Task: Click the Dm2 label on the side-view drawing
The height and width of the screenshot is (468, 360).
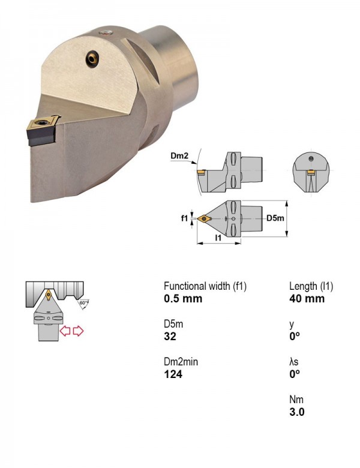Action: (179, 155)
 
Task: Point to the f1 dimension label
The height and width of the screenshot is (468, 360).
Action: (184, 218)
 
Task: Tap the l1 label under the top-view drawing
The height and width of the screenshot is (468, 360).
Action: (218, 238)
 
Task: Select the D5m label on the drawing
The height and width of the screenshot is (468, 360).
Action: (275, 218)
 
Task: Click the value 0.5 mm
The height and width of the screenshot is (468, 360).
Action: (183, 298)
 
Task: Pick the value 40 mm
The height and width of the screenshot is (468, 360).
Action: (307, 298)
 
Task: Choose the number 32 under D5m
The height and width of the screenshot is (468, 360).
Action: (170, 337)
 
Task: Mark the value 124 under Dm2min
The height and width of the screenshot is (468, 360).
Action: (173, 374)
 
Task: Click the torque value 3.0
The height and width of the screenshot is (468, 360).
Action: (297, 412)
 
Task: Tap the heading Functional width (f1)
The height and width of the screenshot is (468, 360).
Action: (205, 286)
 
